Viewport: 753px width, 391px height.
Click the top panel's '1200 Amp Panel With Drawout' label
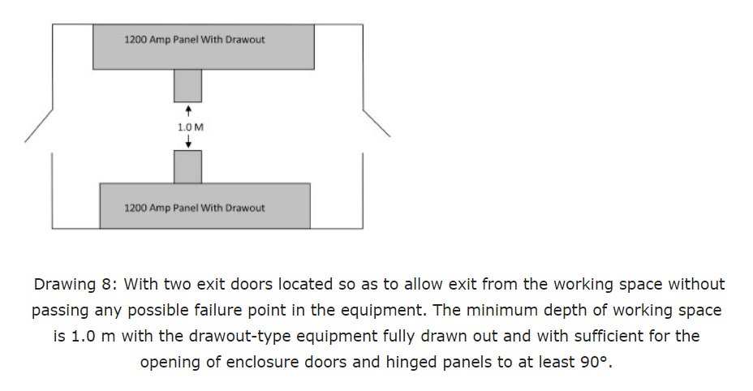click(194, 40)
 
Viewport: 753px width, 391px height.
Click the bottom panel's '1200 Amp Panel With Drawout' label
click(194, 208)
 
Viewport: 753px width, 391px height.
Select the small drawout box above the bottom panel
click(187, 167)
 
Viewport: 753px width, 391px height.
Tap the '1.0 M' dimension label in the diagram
click(189, 127)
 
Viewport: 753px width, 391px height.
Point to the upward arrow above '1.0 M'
click(188, 109)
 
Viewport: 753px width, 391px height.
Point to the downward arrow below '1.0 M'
click(188, 144)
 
